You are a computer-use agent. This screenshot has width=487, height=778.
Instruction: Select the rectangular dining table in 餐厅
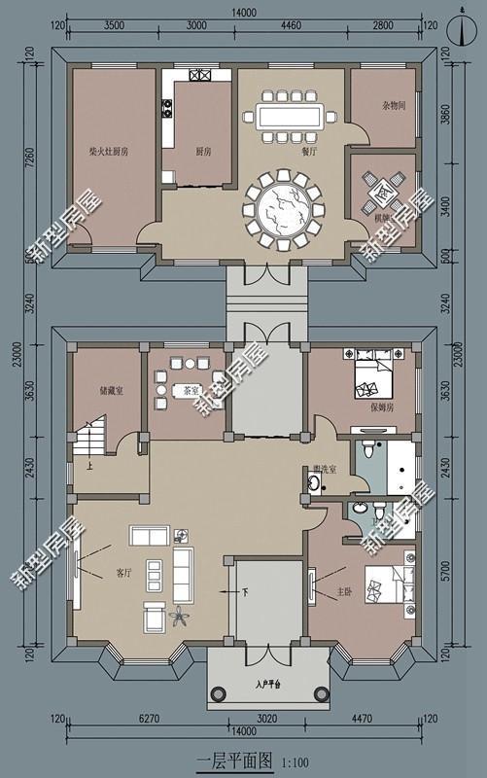click(x=292, y=118)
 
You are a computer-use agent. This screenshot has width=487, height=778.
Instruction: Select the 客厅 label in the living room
click(x=123, y=574)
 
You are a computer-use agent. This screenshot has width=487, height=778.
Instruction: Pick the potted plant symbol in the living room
click(x=180, y=615)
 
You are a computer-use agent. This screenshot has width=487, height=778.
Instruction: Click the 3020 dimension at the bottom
click(x=266, y=721)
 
